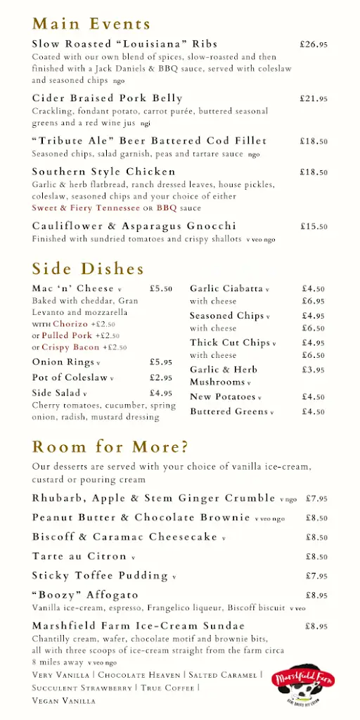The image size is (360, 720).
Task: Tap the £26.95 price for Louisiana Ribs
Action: pos(314,44)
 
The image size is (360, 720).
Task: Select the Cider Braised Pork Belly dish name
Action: pos(107,98)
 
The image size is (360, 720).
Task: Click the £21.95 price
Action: pos(314,98)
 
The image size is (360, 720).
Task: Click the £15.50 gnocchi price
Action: pos(314,226)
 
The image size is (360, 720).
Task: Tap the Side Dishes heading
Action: pos(88,269)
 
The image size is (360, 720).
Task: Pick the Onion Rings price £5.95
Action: pos(161,362)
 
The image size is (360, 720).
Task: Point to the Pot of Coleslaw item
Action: pos(70,378)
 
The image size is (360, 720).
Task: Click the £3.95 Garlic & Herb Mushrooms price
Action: pos(313,369)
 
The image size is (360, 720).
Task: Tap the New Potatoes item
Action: pos(222,397)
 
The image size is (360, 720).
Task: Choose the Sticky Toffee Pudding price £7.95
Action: pos(316,576)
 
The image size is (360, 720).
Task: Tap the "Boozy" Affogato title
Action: pos(85,595)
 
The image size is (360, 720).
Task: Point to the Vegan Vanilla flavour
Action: pos(63,700)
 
